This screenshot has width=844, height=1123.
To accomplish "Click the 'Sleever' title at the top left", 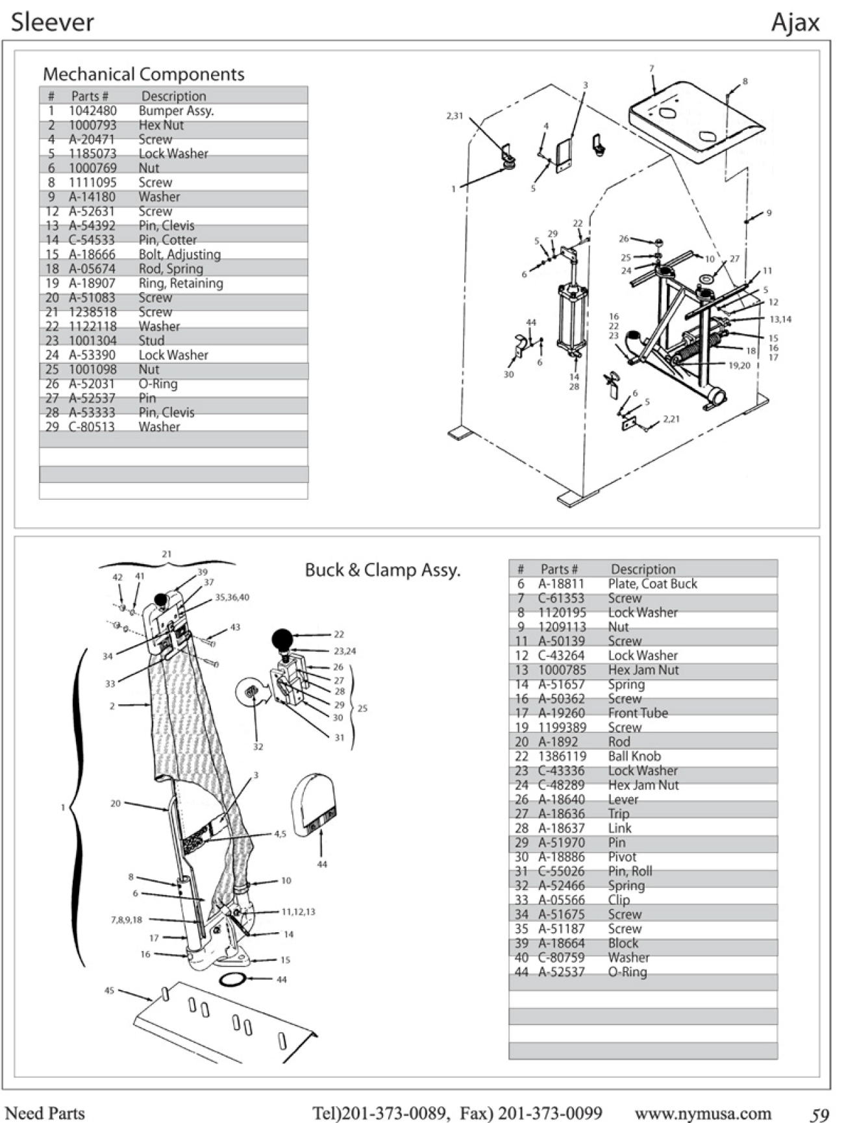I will point(53,23).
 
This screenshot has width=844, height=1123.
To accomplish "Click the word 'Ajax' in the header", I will point(795,23).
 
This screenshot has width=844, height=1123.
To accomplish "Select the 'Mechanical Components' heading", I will point(143,74).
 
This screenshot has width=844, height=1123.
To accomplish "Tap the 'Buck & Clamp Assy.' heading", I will point(382,570).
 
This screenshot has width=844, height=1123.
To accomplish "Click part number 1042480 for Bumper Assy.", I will point(93,111).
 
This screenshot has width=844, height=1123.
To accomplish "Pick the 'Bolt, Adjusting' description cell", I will point(180,254).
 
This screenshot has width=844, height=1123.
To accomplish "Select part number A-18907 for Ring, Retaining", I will point(92,283).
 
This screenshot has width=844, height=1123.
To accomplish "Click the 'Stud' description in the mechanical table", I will point(151,341).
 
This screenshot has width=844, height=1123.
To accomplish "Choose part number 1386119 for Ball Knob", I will point(562,756).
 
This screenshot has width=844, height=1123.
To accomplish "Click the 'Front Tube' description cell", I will point(638,713).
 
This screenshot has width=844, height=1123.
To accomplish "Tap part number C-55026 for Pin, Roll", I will point(561,871).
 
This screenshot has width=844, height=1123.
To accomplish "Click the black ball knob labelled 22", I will point(283,639).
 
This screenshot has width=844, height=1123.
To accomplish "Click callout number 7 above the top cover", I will point(651,68).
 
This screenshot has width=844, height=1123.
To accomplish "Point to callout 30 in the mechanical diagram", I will point(508,375).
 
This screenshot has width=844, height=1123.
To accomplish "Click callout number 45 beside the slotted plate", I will point(109,991).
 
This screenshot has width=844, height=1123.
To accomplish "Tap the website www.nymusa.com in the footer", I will point(702,1113).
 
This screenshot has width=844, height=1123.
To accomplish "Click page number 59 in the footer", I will point(820,1115).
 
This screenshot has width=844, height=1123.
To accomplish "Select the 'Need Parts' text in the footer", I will point(45,1113).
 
